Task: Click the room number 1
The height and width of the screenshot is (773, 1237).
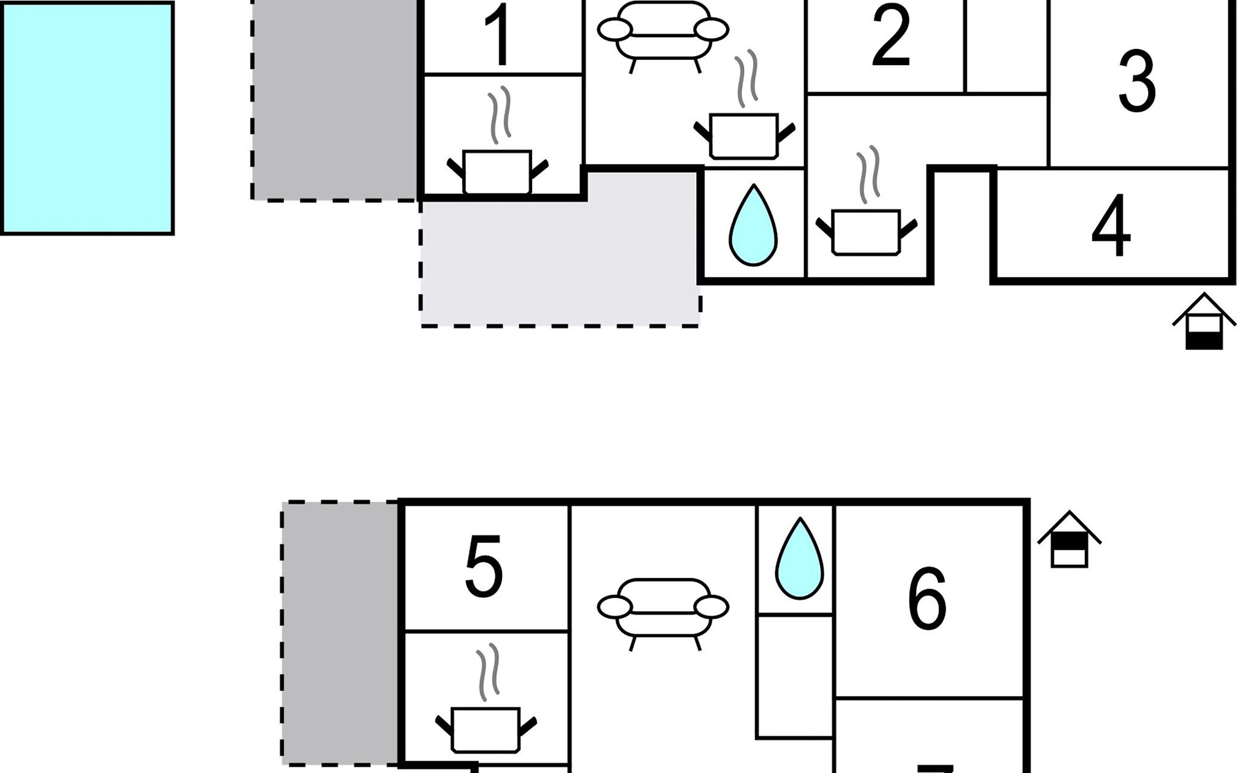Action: coord(499,37)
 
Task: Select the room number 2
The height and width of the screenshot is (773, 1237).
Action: coord(891,36)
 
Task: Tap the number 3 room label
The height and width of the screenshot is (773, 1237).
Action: coord(1137,82)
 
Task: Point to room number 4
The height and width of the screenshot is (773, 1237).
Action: coord(1111,226)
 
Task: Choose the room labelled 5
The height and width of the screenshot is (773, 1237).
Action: coord(484,567)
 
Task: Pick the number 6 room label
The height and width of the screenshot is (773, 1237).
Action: coord(928,599)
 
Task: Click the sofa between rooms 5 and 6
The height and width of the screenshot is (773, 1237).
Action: coord(663,608)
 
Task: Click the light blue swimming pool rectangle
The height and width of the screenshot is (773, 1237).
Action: coord(87,118)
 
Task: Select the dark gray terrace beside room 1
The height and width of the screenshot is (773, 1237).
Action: coord(335,100)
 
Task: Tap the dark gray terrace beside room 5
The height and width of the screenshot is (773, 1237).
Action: coord(340,631)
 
